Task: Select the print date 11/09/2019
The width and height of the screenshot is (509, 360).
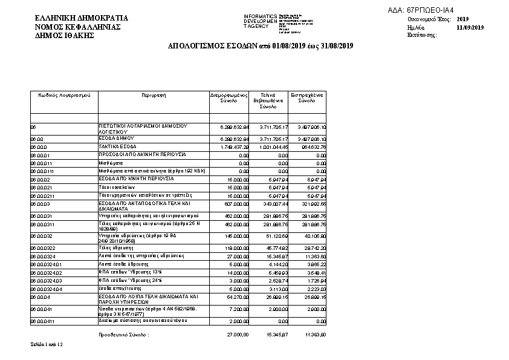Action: pyautogui.click(x=470, y=27)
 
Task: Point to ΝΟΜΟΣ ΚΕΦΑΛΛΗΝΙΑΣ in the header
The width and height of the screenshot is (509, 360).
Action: pyautogui.click(x=78, y=27)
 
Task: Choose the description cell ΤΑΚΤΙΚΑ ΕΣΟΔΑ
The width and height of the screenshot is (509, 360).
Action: pyautogui.click(x=117, y=146)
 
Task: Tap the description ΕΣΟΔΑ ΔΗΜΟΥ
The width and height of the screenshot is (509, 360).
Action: pyautogui.click(x=116, y=139)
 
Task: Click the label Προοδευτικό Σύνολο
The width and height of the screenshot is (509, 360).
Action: pyautogui.click(x=123, y=334)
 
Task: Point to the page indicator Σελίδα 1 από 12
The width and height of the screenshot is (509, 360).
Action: pyautogui.click(x=47, y=344)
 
